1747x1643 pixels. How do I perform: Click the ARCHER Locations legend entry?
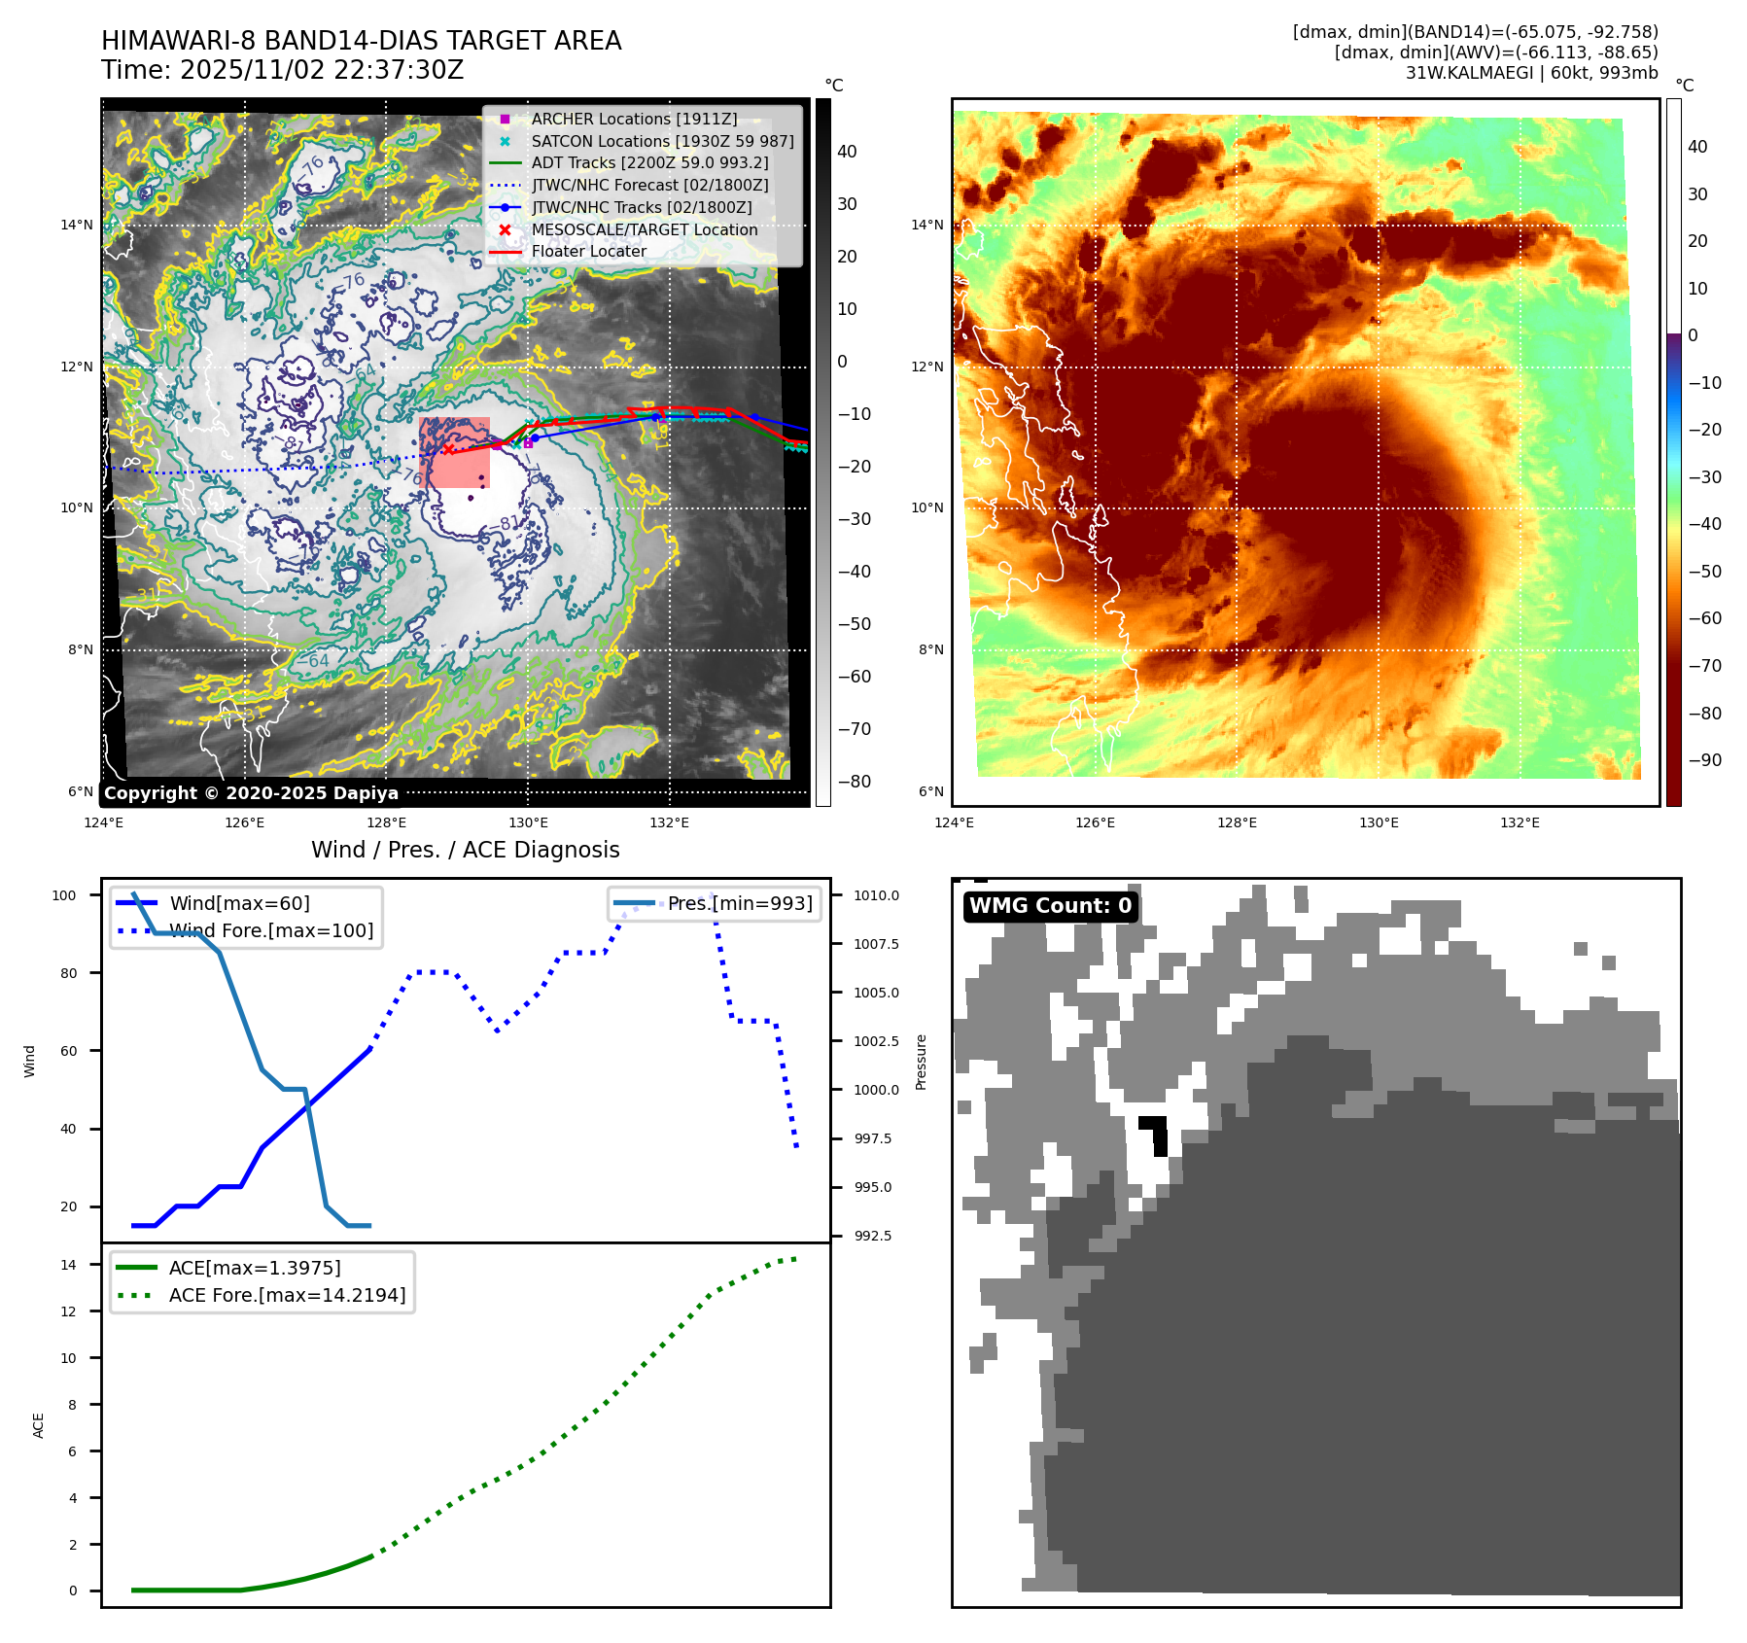[x=634, y=119]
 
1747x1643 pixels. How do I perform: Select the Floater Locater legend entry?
[x=588, y=251]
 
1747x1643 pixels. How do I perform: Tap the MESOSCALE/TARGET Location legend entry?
[x=644, y=229]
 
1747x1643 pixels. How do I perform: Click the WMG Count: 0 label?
[x=1050, y=906]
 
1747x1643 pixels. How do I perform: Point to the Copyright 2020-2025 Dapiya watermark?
[x=251, y=793]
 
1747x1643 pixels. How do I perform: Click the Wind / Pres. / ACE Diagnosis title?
[x=465, y=850]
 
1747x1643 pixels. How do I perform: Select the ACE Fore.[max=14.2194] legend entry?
[x=287, y=1295]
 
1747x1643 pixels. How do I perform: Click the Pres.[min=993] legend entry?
[x=739, y=903]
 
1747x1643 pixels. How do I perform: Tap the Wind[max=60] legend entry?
[x=239, y=903]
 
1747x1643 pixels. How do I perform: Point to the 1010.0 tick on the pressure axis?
[x=876, y=895]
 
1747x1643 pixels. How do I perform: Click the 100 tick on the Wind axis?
[x=64, y=895]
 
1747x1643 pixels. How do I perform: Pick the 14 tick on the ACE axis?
[x=68, y=1265]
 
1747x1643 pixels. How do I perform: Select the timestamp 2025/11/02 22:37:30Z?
[x=322, y=71]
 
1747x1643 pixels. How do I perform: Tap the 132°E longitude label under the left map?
[x=669, y=822]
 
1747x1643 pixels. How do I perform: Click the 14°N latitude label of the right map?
[x=926, y=226]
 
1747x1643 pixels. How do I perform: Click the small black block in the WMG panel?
[x=1155, y=1134]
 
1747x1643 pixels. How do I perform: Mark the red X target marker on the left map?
[x=448, y=449]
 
